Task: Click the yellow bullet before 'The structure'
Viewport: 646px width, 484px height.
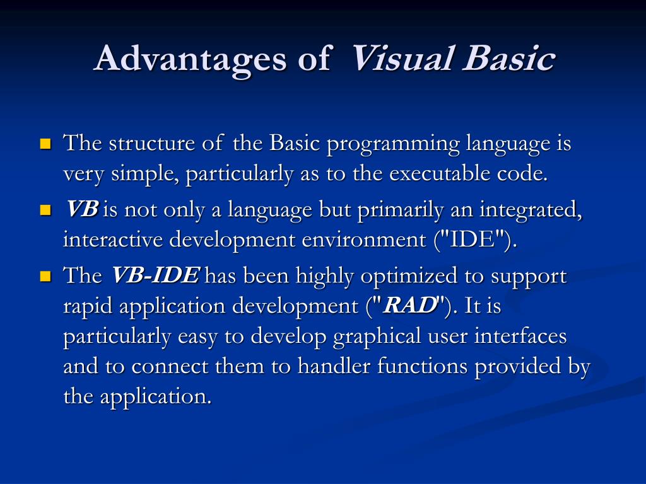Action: click(x=45, y=144)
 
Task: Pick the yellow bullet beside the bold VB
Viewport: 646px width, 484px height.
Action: click(x=45, y=210)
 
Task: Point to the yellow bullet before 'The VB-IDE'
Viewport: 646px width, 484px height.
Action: click(x=45, y=276)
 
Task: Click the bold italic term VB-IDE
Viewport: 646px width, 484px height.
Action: click(x=155, y=276)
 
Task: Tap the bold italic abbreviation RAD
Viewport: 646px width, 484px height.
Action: click(x=410, y=306)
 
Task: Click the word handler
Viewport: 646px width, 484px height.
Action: click(x=336, y=366)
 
